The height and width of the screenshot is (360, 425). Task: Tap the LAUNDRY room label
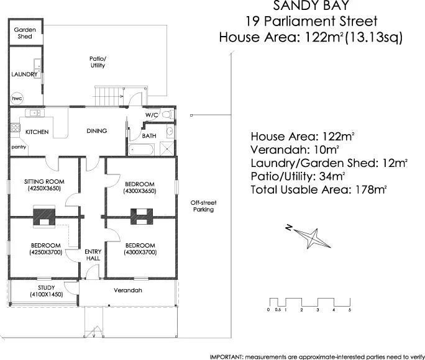click(x=24, y=74)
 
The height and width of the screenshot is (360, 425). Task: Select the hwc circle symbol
click(x=16, y=98)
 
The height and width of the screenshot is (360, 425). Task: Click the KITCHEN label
click(x=37, y=132)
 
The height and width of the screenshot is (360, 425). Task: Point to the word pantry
click(x=19, y=147)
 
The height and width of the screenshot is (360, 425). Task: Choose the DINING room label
click(x=96, y=131)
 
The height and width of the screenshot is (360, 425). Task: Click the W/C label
click(x=152, y=115)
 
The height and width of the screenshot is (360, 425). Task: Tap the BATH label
click(x=149, y=136)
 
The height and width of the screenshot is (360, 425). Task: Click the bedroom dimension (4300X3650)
click(x=140, y=191)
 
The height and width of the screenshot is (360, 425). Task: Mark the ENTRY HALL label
click(x=92, y=255)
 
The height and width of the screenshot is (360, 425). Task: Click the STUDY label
click(x=46, y=287)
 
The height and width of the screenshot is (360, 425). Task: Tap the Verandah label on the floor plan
click(x=127, y=290)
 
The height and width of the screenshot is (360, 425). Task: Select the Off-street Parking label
click(x=203, y=206)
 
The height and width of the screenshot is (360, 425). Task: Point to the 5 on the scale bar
click(x=350, y=309)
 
